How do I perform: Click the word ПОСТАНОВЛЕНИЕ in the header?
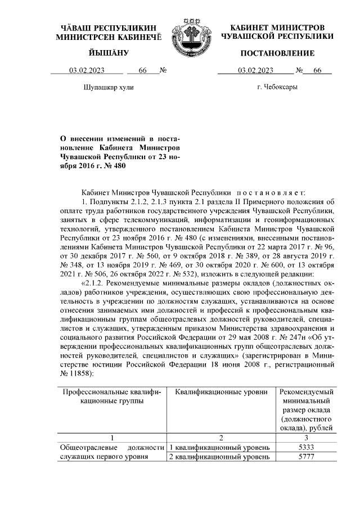click(277, 53)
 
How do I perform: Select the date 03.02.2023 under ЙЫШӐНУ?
click(88, 71)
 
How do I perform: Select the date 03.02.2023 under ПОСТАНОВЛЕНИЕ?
click(255, 71)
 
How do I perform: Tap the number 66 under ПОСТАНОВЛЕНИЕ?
click(317, 71)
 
